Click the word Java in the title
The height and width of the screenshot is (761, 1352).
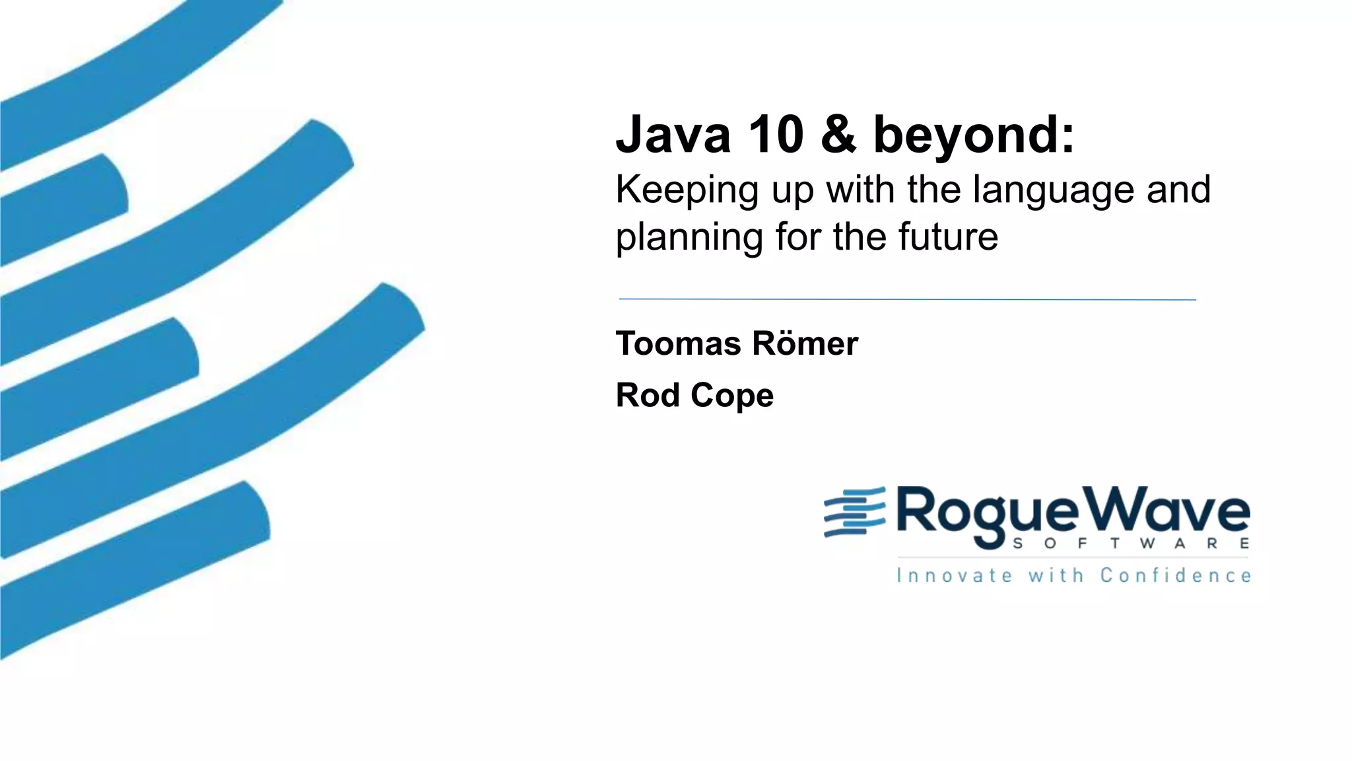coord(673,135)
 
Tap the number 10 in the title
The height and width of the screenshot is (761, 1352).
coord(775,135)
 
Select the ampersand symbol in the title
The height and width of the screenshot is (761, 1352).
coord(838,135)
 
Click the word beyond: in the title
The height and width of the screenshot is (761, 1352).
coord(974,136)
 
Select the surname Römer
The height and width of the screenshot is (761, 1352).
coord(805,344)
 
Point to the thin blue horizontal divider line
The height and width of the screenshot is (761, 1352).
coord(907,299)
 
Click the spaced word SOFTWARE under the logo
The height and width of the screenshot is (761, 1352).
coord(1130,544)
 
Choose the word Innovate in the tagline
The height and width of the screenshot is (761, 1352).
coord(954,575)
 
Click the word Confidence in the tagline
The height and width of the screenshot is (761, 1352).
coord(1175,575)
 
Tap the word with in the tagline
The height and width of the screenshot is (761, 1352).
coord(1056,575)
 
